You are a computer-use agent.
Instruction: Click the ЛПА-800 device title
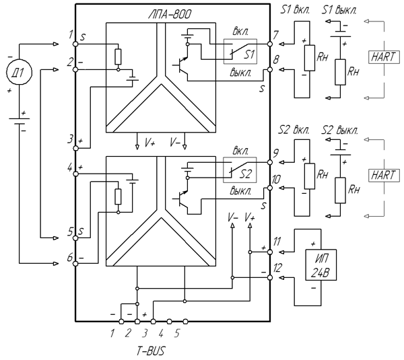170,14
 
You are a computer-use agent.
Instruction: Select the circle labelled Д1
19,72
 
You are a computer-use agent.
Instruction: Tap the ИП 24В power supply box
321,264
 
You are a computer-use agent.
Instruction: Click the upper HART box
384,57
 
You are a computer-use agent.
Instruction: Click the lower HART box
384,176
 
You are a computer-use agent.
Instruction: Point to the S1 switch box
240,52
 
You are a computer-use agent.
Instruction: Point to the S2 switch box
240,170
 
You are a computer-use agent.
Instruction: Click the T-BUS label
150,351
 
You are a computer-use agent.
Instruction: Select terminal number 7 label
275,35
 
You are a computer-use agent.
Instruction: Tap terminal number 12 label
277,268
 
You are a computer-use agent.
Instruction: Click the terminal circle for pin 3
75,148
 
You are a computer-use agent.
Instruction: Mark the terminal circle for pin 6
75,263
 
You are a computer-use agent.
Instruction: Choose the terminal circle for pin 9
270,162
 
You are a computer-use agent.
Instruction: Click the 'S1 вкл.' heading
295,10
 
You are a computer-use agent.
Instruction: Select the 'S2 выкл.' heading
339,131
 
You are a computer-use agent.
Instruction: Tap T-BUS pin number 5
176,334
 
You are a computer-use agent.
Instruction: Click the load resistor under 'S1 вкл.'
310,58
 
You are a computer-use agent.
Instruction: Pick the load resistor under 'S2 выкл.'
340,190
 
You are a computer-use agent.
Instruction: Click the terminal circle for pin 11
270,252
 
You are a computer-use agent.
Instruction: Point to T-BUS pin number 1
112,334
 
